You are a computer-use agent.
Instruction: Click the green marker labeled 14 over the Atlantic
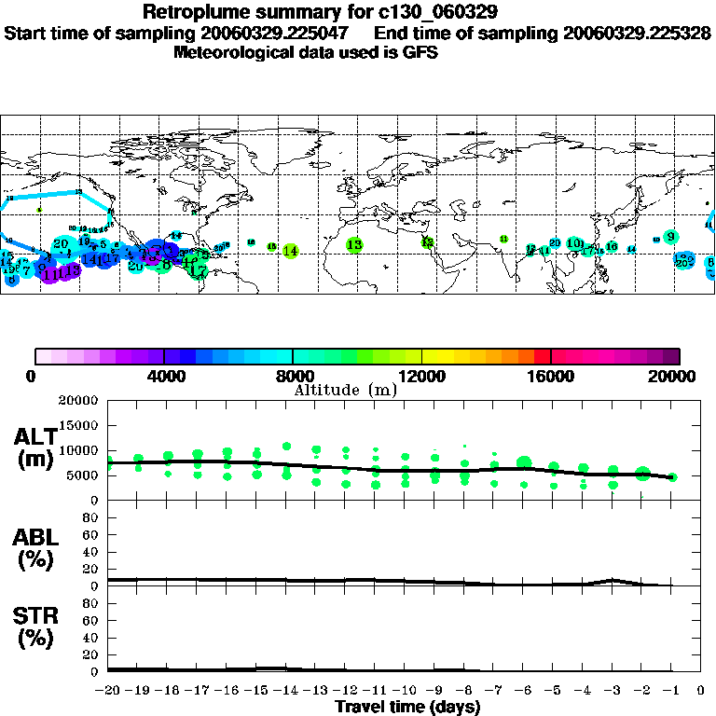[290, 251]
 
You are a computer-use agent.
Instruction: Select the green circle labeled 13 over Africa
[354, 244]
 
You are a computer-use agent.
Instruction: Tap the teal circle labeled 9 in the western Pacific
[670, 236]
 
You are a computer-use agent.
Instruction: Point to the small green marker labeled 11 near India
[503, 240]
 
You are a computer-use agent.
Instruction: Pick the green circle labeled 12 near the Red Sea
[428, 242]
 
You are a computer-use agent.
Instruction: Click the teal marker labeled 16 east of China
[612, 247]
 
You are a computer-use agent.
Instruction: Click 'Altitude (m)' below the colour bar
[346, 390]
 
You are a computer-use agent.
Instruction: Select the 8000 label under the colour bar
[293, 376]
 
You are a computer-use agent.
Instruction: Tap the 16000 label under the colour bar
[551, 376]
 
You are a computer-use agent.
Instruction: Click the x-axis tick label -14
[285, 691]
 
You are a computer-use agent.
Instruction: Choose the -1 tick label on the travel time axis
[671, 691]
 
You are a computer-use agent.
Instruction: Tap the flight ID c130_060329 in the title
[407, 13]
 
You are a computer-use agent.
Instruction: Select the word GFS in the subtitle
[420, 52]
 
